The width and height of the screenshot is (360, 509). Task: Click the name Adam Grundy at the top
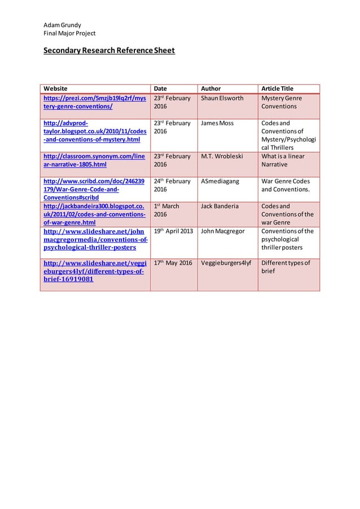[x=62, y=25]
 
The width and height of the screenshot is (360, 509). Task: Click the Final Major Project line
[x=69, y=33]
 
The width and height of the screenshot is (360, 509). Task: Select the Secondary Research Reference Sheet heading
[x=109, y=51]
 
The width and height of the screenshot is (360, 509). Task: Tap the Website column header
[x=55, y=89]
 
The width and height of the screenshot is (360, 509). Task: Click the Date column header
[x=160, y=89]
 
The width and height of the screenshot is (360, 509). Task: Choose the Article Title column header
[x=277, y=89]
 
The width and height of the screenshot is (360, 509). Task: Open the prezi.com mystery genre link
[x=94, y=102]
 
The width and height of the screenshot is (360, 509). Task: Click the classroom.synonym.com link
[x=94, y=160]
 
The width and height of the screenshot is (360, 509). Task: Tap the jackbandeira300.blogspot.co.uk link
[x=94, y=214]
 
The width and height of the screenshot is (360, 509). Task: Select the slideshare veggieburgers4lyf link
[x=94, y=271]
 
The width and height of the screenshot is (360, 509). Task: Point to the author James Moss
[x=217, y=123]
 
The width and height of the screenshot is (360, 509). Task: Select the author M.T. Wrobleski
[x=222, y=156]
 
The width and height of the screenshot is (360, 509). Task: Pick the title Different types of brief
[x=286, y=266]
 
